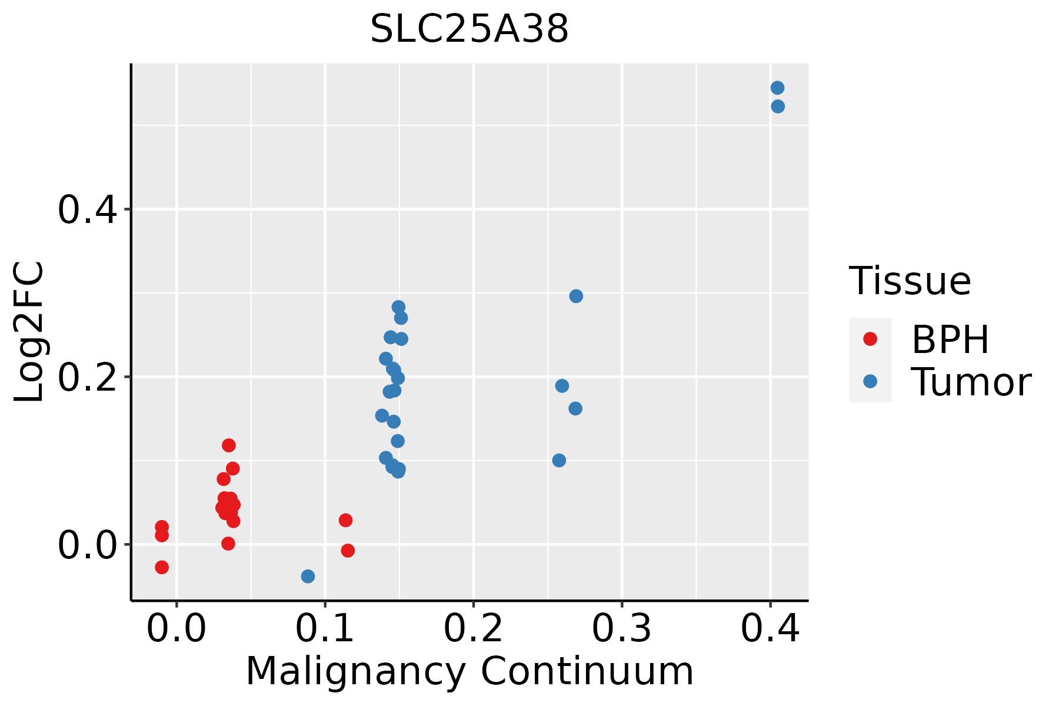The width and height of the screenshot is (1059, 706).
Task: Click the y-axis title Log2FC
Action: (x=29, y=332)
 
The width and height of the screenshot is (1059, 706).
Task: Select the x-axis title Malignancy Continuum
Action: (x=469, y=671)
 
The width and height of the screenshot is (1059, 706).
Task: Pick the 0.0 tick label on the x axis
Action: (x=176, y=628)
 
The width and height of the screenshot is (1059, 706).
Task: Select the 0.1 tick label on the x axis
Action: (x=325, y=628)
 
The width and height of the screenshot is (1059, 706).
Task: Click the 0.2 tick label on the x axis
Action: (x=473, y=628)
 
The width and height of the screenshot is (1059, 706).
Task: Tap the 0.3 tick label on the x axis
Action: (x=621, y=628)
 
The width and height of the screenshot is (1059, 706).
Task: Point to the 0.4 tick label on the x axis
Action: (x=770, y=628)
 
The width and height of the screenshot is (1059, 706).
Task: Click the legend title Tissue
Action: (x=910, y=281)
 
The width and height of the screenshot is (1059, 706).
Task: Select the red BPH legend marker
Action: (x=870, y=339)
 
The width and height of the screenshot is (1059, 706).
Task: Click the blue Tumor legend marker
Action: (x=870, y=381)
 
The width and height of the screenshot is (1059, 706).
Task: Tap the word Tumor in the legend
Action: (x=971, y=382)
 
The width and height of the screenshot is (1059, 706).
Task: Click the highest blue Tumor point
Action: (x=777, y=88)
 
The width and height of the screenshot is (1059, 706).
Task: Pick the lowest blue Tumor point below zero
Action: (x=308, y=576)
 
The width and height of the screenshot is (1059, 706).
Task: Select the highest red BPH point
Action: (x=229, y=445)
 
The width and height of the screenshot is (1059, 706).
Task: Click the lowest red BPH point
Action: (x=162, y=567)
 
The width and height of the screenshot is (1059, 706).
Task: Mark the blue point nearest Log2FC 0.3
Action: (x=576, y=296)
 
